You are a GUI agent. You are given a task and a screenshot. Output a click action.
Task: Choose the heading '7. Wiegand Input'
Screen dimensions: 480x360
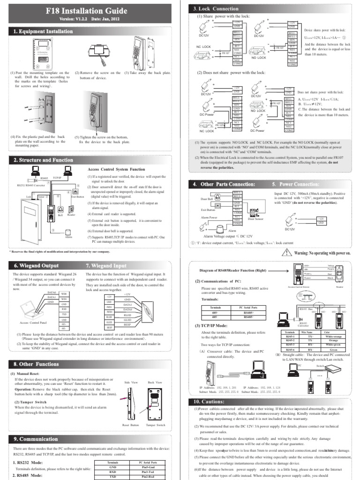click(x=110, y=265)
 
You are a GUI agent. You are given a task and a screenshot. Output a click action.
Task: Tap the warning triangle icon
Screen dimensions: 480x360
click(x=286, y=253)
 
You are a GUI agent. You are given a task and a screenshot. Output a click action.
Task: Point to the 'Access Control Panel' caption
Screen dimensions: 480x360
click(x=35, y=323)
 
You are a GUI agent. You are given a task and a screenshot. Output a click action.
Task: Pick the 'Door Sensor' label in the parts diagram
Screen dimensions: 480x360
click(x=256, y=219)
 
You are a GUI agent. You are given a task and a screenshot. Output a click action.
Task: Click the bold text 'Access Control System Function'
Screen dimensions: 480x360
click(x=116, y=169)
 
